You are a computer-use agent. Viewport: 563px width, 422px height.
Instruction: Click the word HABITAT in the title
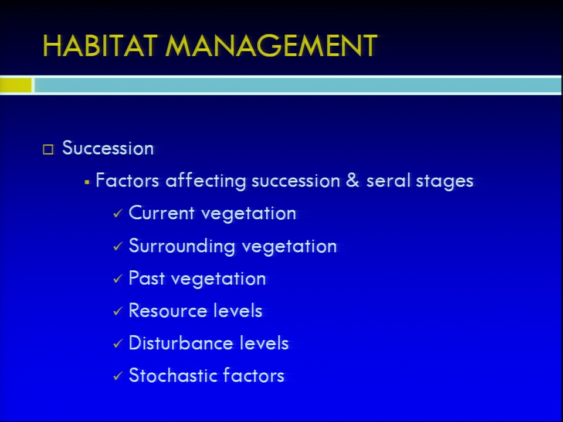tap(100, 46)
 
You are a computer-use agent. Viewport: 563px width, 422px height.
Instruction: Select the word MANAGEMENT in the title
tap(271, 46)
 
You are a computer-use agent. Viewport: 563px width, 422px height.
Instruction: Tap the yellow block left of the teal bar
tap(16, 86)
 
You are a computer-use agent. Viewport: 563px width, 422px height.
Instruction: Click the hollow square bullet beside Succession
tap(48, 149)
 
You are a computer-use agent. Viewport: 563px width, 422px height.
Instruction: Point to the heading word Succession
tap(108, 148)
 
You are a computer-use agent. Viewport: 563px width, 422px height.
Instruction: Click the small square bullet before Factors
tap(87, 183)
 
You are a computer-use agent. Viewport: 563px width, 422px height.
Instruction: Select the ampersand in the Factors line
tap(352, 180)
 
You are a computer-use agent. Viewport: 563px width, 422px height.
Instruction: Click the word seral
tap(388, 180)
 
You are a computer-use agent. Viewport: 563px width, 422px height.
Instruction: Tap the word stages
tap(445, 182)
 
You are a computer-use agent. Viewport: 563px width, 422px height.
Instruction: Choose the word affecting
tap(206, 181)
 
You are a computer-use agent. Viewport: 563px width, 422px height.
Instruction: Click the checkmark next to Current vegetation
tap(118, 213)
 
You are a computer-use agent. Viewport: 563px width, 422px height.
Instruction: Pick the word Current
tap(162, 213)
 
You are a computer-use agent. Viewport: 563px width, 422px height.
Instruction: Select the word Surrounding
tap(182, 247)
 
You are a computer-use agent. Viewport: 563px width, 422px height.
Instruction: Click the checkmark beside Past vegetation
tap(118, 279)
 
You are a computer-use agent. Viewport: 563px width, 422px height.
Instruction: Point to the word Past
tap(147, 278)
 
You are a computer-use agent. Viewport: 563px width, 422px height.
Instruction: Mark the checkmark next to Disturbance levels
tap(118, 344)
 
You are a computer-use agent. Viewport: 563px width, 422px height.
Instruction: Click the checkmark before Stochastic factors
tap(118, 376)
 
